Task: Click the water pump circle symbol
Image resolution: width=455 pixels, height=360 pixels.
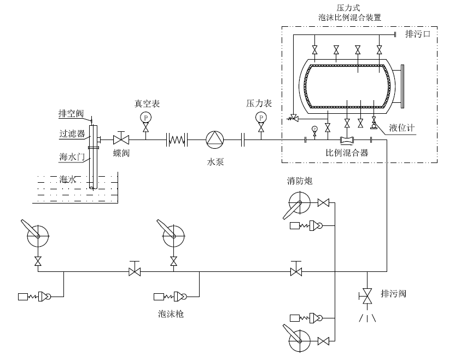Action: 214,140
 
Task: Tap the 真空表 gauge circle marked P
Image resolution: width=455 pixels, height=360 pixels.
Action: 145,117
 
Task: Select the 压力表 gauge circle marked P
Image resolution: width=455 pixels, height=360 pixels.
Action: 261,117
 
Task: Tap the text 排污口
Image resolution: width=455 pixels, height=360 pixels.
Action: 418,34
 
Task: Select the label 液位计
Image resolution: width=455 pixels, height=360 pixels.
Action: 402,128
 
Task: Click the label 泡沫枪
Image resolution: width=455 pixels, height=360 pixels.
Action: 170,314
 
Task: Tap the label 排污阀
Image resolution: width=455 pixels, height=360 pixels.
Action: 393,294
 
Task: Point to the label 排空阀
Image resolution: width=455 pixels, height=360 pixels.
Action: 71,114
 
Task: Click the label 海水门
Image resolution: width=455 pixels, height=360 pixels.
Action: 71,158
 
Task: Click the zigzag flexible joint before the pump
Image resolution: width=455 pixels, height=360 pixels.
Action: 177,140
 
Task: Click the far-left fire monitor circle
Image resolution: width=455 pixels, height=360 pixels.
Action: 38,236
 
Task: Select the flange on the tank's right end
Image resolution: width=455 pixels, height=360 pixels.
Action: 402,86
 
